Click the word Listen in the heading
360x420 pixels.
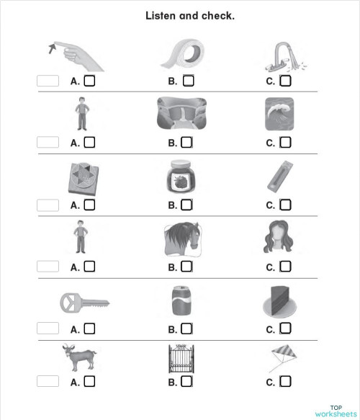(x=162, y=15)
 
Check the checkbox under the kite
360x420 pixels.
(x=285, y=382)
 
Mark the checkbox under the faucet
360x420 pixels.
(x=285, y=81)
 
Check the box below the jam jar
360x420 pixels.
(x=187, y=205)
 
